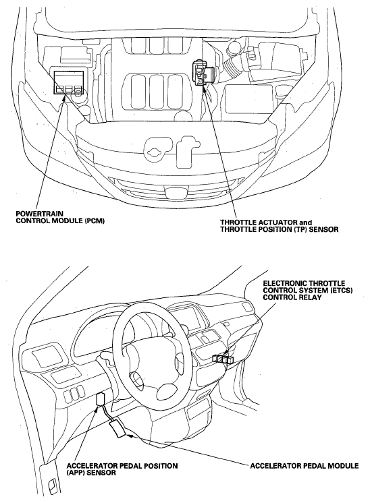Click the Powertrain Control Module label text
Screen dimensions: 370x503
click(x=60, y=217)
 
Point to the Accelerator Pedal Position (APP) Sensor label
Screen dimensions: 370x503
click(x=122, y=469)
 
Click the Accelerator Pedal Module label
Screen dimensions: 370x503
click(x=305, y=465)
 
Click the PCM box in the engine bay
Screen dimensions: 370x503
click(x=68, y=82)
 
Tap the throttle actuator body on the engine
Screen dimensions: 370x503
click(x=201, y=73)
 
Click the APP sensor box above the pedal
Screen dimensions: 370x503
click(x=100, y=400)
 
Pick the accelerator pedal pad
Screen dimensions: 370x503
click(x=118, y=430)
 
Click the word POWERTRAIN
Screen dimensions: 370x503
click(x=36, y=214)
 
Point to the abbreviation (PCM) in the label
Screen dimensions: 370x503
click(x=95, y=221)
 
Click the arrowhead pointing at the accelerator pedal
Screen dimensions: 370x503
click(x=129, y=436)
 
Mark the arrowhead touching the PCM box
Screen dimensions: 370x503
click(x=65, y=96)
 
